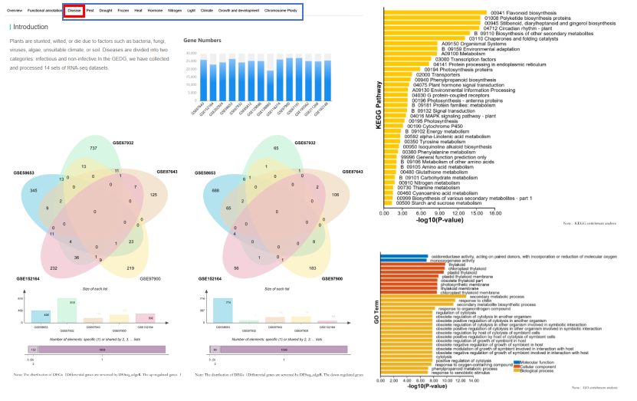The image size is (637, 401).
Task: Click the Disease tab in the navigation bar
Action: click(x=74, y=11)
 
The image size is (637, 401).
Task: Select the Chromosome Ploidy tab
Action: click(x=281, y=11)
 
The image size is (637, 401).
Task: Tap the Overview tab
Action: click(x=15, y=11)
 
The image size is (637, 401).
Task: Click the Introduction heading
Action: click(x=31, y=27)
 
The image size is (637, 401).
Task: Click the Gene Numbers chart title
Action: click(x=202, y=40)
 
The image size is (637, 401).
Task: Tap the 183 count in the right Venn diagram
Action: click(x=311, y=268)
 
